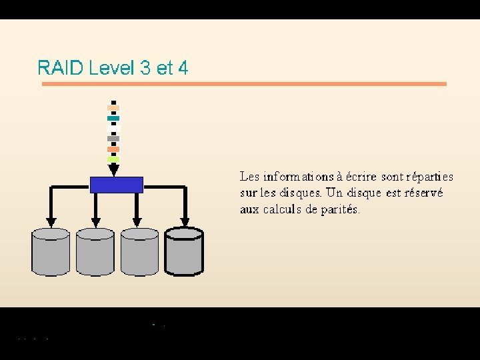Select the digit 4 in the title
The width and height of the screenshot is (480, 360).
click(183, 68)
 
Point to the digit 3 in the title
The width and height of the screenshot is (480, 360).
click(146, 68)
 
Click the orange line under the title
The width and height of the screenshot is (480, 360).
click(244, 84)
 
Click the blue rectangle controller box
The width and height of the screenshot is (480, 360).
click(117, 184)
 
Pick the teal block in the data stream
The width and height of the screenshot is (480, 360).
click(113, 118)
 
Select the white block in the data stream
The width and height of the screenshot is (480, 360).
click(113, 128)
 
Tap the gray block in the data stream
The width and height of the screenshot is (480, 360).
click(113, 138)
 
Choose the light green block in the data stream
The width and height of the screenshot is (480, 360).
click(113, 159)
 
